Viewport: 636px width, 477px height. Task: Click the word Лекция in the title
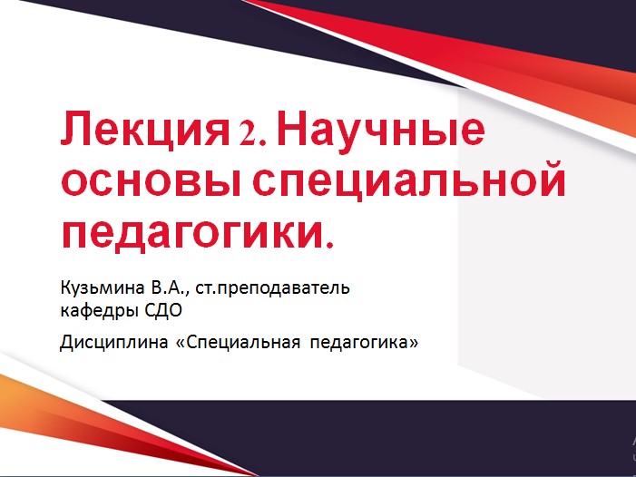click(142, 132)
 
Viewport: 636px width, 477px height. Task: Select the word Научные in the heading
click(380, 132)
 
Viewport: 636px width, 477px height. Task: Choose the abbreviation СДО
click(166, 311)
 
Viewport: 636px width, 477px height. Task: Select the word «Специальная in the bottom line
click(236, 345)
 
